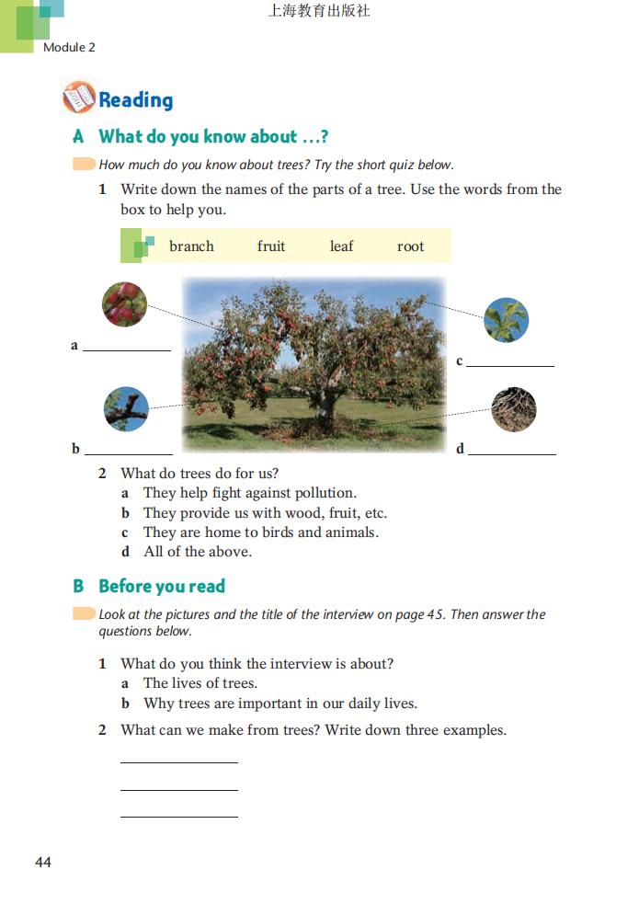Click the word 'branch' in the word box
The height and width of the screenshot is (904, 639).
tap(191, 246)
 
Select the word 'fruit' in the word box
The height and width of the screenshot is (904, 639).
tap(271, 246)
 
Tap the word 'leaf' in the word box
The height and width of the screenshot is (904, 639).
tap(341, 246)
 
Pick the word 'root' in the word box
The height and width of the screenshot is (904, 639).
tap(410, 246)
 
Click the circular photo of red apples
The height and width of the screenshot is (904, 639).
tap(124, 304)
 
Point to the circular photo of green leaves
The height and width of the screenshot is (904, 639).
tap(506, 320)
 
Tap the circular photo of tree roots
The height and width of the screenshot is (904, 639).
tap(513, 409)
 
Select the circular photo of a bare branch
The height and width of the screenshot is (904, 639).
tap(126, 409)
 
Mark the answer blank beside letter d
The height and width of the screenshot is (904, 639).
tap(512, 452)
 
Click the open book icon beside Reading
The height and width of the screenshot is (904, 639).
tap(78, 97)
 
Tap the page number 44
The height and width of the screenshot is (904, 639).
tap(43, 862)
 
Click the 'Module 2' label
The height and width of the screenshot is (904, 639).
tap(69, 47)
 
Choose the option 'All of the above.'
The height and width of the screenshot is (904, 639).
tap(197, 552)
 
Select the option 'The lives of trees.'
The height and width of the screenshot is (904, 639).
tap(200, 683)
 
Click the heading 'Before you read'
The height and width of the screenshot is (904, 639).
tap(161, 586)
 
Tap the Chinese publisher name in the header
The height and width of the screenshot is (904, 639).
tap(318, 12)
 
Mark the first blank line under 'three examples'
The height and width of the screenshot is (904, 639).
tap(178, 761)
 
